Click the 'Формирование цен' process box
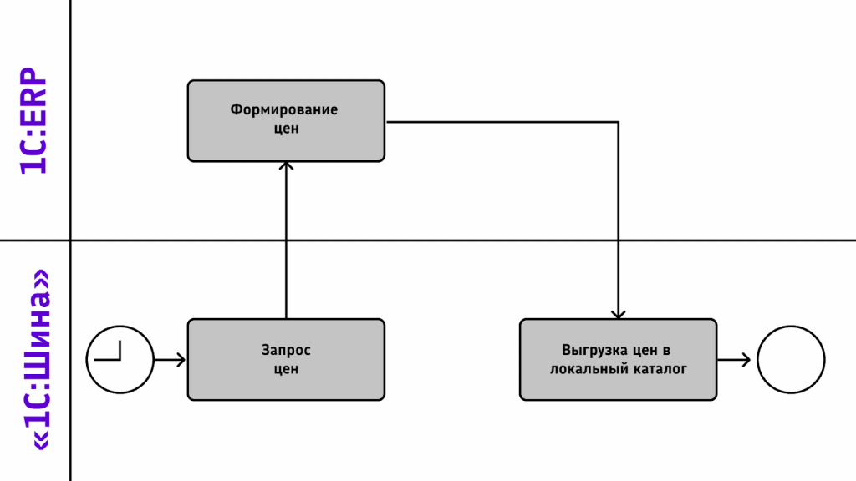[286, 121]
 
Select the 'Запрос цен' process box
[286, 360]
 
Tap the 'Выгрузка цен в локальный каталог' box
[618, 360]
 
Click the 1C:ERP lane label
[33, 121]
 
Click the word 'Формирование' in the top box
[284, 109]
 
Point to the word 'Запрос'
[286, 351]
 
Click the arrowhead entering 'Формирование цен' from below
[286, 165]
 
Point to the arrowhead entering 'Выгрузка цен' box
[618, 315]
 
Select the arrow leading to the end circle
[734, 360]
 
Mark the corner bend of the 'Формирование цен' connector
[618, 122]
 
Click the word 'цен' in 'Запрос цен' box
[286, 370]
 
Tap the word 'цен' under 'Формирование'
[286, 129]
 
